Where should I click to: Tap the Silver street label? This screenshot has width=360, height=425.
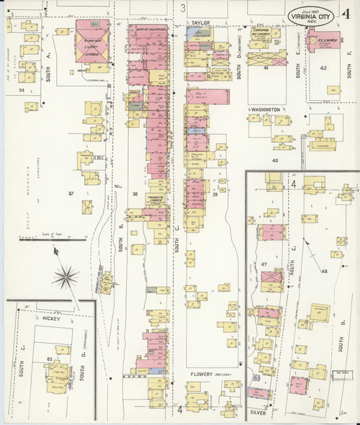(x=259, y=413)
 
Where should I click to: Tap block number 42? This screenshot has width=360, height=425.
(x=323, y=68)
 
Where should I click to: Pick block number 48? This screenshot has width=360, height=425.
(x=324, y=271)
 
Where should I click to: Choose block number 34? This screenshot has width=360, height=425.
(x=22, y=90)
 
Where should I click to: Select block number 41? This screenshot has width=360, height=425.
(x=266, y=68)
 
